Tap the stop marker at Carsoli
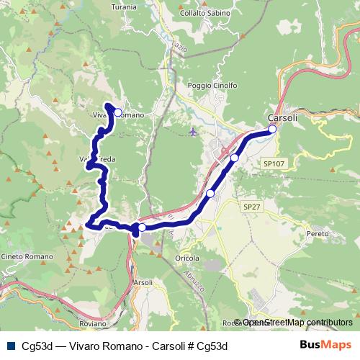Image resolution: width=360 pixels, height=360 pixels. coord(273,130)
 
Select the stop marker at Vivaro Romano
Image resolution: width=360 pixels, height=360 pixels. coord(117,112)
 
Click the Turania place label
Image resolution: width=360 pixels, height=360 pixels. coord(125,6)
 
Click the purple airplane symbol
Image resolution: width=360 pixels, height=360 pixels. coord(192,131)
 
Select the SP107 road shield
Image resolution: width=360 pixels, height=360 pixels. coord(274,163)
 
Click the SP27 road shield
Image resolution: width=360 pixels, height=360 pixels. coord(251,207)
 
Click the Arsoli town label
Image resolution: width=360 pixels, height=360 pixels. coord(143,282)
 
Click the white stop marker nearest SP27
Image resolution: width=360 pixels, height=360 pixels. coord(210,193)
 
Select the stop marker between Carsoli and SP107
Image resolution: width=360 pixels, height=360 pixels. coord(234,157)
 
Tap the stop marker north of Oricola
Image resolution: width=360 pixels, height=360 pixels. coord(142,228)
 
